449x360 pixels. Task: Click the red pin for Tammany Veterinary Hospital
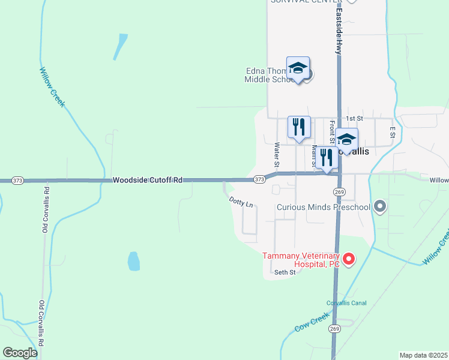click(x=348, y=259)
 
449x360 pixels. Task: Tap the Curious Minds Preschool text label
click(x=322, y=208)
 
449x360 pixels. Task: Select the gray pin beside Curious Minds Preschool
click(x=379, y=208)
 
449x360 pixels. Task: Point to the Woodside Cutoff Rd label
click(x=147, y=180)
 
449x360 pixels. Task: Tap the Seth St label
click(x=285, y=272)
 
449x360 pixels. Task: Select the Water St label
click(x=277, y=154)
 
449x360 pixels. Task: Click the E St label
click(x=392, y=131)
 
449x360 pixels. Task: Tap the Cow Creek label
click(x=312, y=322)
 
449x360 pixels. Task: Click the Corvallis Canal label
click(x=346, y=303)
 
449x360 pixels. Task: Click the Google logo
click(x=20, y=353)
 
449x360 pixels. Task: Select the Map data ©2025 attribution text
click(x=423, y=355)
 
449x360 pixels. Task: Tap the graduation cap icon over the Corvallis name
click(x=346, y=140)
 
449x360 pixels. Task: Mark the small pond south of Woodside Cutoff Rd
click(x=133, y=261)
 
